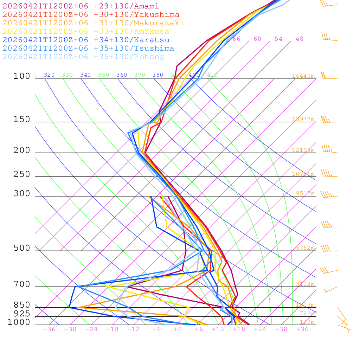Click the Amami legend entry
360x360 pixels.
click(x=81, y=6)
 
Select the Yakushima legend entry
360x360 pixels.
click(x=91, y=14)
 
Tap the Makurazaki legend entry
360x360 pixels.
click(x=93, y=23)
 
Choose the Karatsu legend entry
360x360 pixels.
click(x=86, y=40)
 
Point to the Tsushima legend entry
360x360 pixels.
click(x=88, y=48)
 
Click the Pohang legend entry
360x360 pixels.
click(x=83, y=57)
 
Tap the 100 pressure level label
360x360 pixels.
click(x=22, y=76)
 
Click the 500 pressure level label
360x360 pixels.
click(x=22, y=248)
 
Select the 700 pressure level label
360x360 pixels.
click(x=22, y=284)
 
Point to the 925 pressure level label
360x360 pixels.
click(x=22, y=314)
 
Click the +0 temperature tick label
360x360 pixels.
click(x=178, y=329)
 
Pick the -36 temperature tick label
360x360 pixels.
click(x=49, y=329)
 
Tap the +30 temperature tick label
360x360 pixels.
click(x=281, y=329)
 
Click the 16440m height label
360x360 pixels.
click(x=303, y=76)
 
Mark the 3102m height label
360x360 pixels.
click(x=305, y=284)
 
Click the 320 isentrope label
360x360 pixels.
click(x=49, y=75)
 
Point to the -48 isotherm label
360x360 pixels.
click(x=297, y=39)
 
